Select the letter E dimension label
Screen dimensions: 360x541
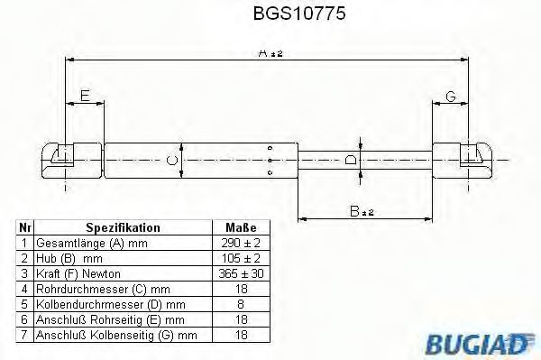84,94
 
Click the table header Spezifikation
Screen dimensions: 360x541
123,228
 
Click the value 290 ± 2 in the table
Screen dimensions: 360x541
241,244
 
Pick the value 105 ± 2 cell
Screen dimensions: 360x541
241,258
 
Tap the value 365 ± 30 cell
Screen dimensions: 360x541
241,273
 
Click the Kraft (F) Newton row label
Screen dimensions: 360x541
78,273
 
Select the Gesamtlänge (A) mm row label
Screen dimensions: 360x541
89,244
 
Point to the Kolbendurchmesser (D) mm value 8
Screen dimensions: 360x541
241,303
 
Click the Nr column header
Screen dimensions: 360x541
25,228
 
